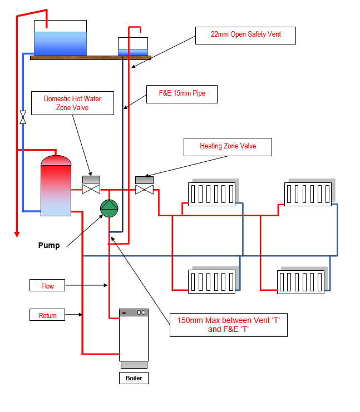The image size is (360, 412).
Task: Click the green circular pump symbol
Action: pyautogui.click(x=109, y=208)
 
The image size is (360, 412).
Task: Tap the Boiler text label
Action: pyautogui.click(x=134, y=379)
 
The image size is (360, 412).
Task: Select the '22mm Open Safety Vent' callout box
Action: pyautogui.click(x=245, y=34)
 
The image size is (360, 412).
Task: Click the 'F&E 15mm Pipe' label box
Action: pyautogui.click(x=181, y=93)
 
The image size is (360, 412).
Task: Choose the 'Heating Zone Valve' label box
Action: pyautogui.click(x=228, y=146)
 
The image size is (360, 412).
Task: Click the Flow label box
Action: pyautogui.click(x=47, y=286)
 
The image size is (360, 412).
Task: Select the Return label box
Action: pyautogui.click(x=47, y=315)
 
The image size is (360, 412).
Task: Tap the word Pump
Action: pyautogui.click(x=49, y=245)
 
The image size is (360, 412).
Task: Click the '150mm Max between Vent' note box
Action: pyautogui.click(x=228, y=324)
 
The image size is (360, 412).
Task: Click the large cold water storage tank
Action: pyautogui.click(x=60, y=39)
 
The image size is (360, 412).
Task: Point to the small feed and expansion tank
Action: pyautogui.click(x=133, y=47)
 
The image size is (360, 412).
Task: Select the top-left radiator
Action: pyautogui.click(x=211, y=195)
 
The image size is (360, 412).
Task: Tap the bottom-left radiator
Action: pyautogui.click(x=211, y=281)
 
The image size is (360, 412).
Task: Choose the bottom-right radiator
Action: pyautogui.click(x=302, y=281)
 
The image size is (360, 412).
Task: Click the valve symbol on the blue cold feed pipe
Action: pyautogui.click(x=23, y=117)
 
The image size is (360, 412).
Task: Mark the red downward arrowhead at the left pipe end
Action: pyautogui.click(x=17, y=234)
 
